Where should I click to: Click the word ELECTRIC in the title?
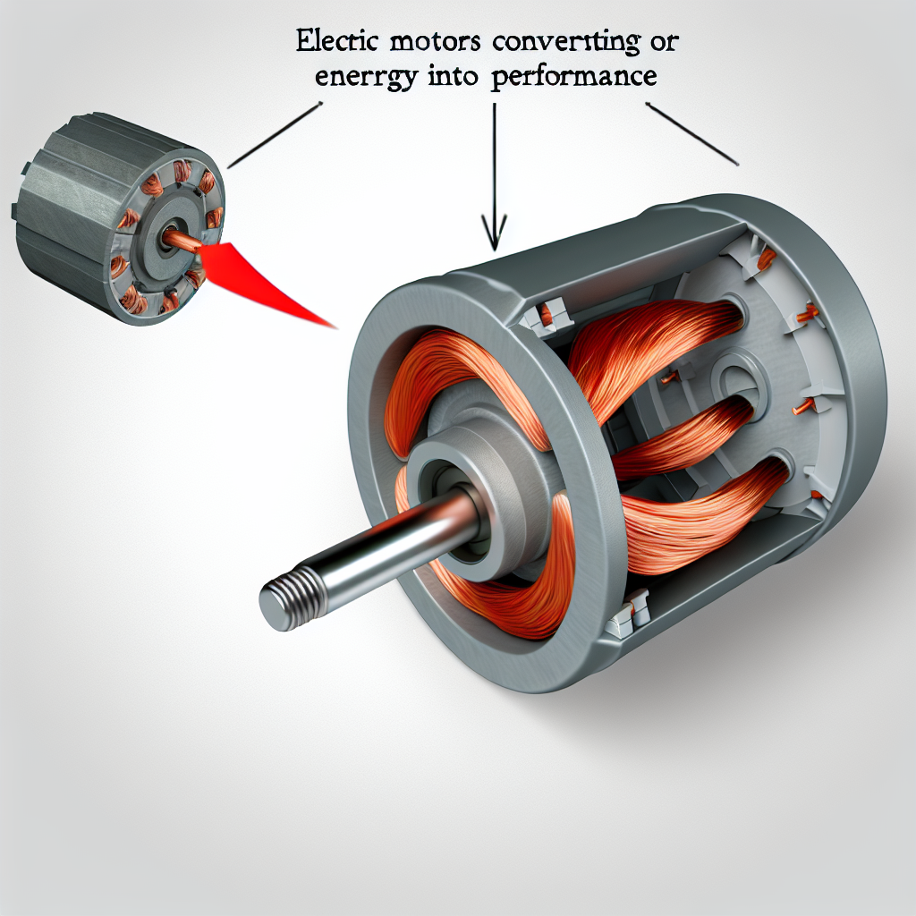[x=339, y=43]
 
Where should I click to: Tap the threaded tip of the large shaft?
[x=285, y=600]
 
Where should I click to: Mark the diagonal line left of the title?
[x=274, y=135]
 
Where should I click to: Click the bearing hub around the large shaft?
[x=465, y=483]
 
